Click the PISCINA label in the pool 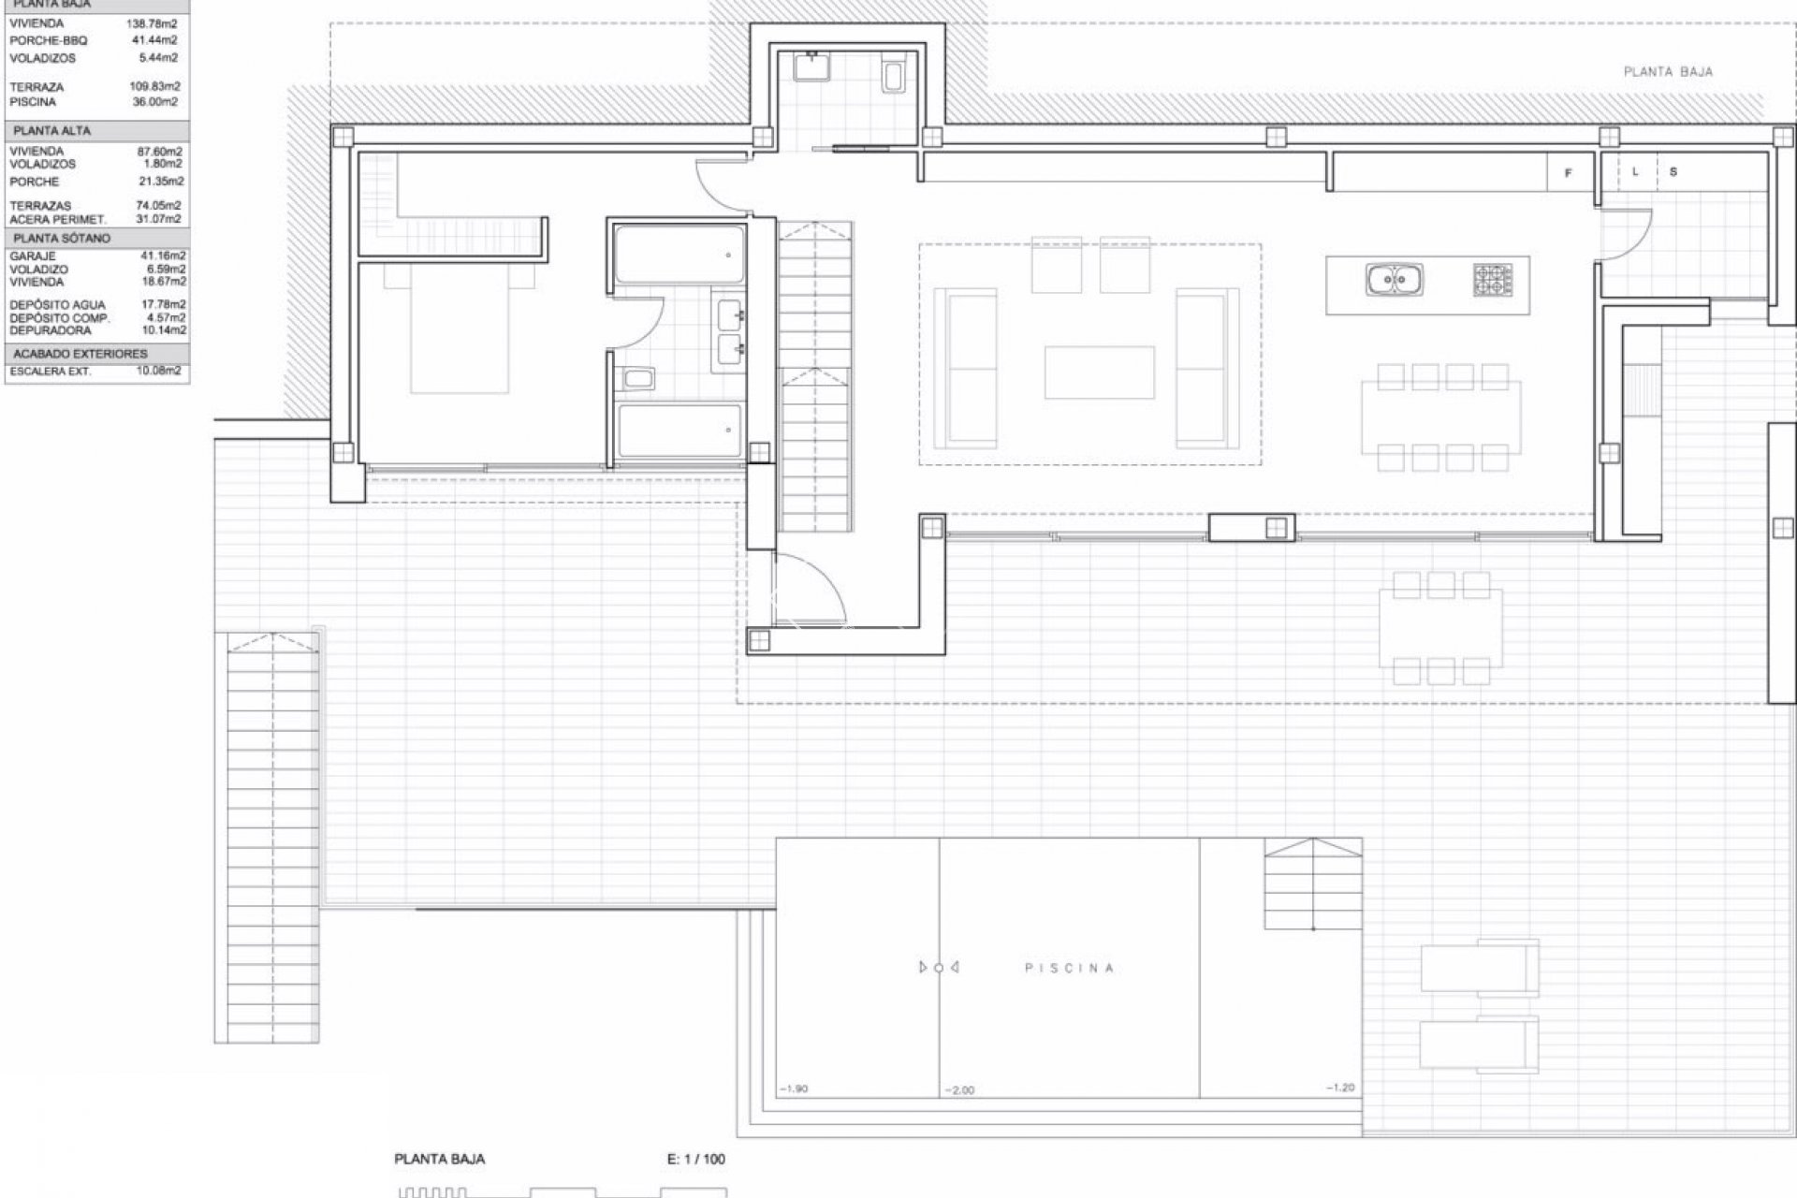pos(1069,968)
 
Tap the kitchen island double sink pos(1394,280)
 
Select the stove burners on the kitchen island pos(1493,280)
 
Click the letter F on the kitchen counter pos(1569,173)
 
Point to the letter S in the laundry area pos(1673,172)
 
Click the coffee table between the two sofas pos(1100,372)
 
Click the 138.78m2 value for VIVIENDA pos(152,24)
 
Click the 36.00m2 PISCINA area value pos(156,102)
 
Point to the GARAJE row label pos(33,256)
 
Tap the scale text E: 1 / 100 pos(695,1159)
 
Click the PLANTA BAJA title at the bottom pos(439,1159)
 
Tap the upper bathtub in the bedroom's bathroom pos(679,254)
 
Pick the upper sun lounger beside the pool pos(1479,967)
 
